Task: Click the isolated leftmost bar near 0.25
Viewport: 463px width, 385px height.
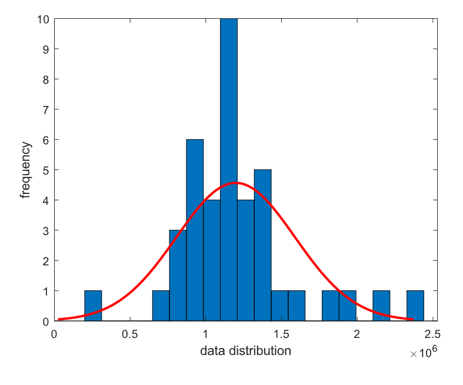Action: click(93, 306)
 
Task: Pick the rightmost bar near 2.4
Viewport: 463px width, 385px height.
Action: click(415, 306)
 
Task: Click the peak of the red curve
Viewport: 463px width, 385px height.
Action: click(235, 183)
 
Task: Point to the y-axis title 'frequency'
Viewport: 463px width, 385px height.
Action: click(26, 170)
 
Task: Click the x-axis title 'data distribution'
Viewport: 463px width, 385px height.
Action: click(245, 351)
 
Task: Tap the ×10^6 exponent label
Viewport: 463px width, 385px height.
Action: click(423, 353)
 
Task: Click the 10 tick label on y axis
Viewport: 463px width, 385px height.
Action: click(44, 18)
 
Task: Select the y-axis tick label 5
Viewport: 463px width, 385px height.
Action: click(46, 170)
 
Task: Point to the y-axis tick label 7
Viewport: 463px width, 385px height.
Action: click(46, 109)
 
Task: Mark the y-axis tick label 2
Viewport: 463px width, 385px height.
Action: click(46, 260)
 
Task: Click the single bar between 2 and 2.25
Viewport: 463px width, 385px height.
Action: click(381, 306)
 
